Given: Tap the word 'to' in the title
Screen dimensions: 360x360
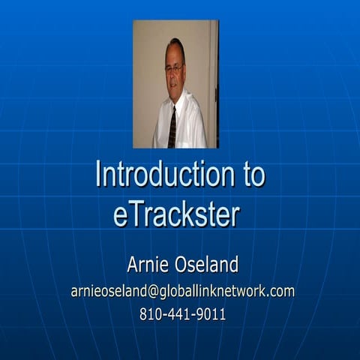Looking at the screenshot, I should tap(247, 175).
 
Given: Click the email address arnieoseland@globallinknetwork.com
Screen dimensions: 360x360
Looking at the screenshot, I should tap(182, 291).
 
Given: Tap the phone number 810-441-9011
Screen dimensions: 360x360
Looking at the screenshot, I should tap(182, 314).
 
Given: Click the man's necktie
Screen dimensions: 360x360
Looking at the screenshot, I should tap(172, 126).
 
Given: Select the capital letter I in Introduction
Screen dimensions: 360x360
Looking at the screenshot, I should tap(98, 175).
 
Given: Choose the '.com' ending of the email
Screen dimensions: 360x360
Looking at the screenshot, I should tap(281, 291).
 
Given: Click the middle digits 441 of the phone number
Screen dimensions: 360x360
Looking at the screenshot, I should tap(180, 314).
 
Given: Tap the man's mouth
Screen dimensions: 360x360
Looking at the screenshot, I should tap(175, 84).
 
